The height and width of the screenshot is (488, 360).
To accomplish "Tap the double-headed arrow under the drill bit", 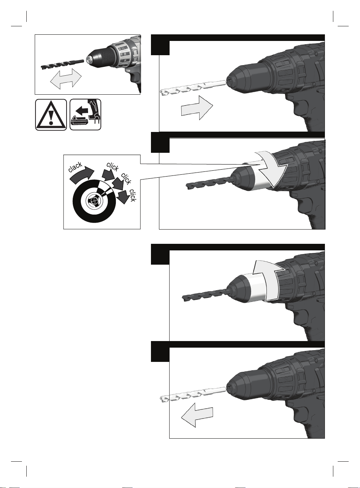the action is (66, 79).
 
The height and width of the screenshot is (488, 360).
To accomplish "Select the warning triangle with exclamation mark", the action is (51, 115).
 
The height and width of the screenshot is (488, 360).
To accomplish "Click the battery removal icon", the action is (86, 115).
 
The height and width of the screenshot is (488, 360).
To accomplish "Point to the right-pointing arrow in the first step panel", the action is (197, 107).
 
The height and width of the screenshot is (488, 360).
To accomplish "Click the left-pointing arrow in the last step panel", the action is (197, 415).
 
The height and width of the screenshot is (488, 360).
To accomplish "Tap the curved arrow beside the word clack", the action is (82, 175).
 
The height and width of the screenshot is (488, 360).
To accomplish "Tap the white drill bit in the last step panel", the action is (193, 395).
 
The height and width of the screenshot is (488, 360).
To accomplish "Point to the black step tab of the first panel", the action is (160, 45).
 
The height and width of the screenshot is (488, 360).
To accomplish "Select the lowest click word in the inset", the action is (133, 195).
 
